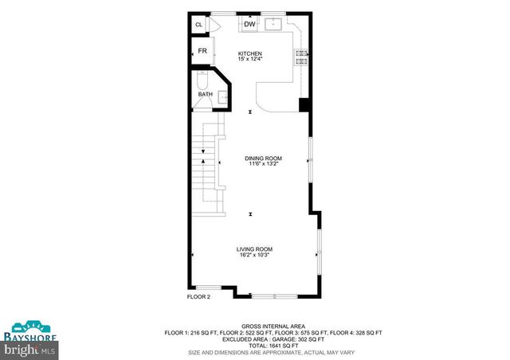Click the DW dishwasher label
249,25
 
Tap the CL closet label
199,25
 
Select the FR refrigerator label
202,51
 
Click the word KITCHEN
250,53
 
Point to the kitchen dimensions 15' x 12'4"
250,60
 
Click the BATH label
205,95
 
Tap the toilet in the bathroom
202,80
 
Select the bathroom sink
222,96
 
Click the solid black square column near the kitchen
304,104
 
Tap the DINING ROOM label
263,158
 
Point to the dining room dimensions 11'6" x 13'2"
263,164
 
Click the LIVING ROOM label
254,248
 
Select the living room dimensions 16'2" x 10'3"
254,255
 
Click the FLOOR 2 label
198,296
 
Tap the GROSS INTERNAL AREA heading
273,327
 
